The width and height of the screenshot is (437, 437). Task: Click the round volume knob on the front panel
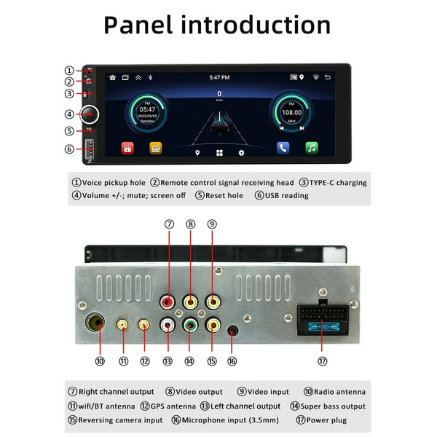click(x=90, y=114)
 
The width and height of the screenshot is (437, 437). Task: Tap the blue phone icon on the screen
click(x=283, y=147)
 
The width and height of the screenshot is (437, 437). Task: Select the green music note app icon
click(x=312, y=147)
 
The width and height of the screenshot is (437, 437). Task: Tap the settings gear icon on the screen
click(x=242, y=154)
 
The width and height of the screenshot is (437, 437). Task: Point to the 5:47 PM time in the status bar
click(x=219, y=77)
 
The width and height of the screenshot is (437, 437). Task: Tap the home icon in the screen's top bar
click(x=112, y=77)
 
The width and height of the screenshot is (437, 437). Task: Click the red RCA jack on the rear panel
click(x=169, y=301)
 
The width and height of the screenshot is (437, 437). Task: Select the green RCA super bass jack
click(x=190, y=326)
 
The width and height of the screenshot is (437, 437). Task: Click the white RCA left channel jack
click(x=169, y=326)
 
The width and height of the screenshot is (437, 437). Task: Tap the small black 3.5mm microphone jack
click(x=232, y=331)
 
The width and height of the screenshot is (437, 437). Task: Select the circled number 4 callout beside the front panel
click(x=68, y=114)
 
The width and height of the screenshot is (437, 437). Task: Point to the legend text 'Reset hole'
click(x=224, y=195)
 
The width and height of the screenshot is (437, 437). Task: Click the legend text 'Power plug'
click(x=327, y=420)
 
